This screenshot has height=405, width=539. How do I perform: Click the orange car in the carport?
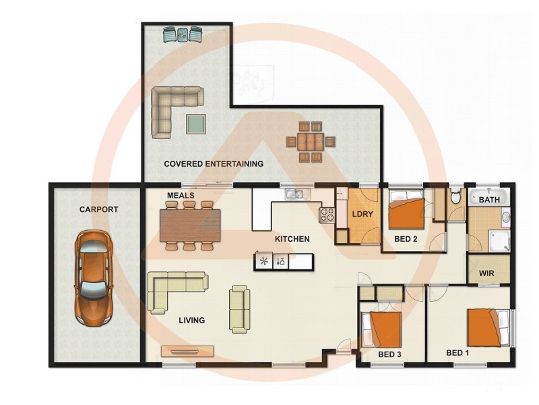(x=92, y=275)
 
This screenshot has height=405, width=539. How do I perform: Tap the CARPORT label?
(x=98, y=209)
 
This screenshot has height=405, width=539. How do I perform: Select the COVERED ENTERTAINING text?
(x=214, y=164)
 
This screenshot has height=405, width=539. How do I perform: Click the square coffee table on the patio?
(x=196, y=124)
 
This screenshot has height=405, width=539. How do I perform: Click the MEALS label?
(x=181, y=196)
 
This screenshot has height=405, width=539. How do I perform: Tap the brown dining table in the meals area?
(x=190, y=225)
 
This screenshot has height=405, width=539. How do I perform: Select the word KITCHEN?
(x=292, y=239)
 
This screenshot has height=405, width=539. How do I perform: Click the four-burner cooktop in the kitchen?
(x=327, y=215)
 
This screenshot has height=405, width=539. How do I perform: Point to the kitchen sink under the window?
(x=294, y=195)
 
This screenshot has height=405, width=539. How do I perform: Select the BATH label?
(x=489, y=200)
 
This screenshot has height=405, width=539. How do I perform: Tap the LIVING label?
(x=191, y=320)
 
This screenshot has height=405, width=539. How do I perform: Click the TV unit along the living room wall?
(x=188, y=351)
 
